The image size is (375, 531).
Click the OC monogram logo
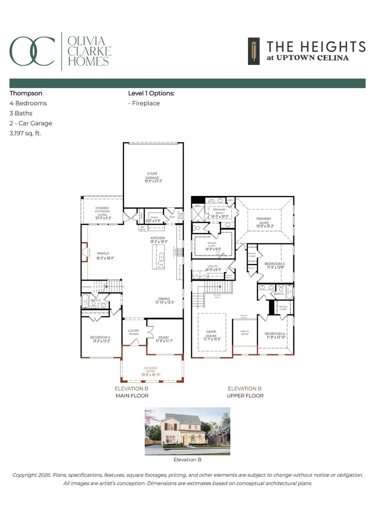coord(32,51)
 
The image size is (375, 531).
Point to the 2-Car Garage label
coord(152,175)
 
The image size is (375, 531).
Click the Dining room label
coord(164,299)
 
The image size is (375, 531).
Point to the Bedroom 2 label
coord(100,338)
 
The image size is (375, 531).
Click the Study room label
coord(164,338)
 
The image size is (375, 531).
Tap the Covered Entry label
coord(150,368)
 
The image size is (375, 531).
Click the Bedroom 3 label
coord(275,264)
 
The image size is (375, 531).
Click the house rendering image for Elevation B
coord(187,431)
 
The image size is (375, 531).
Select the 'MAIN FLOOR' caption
coord(132,395)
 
